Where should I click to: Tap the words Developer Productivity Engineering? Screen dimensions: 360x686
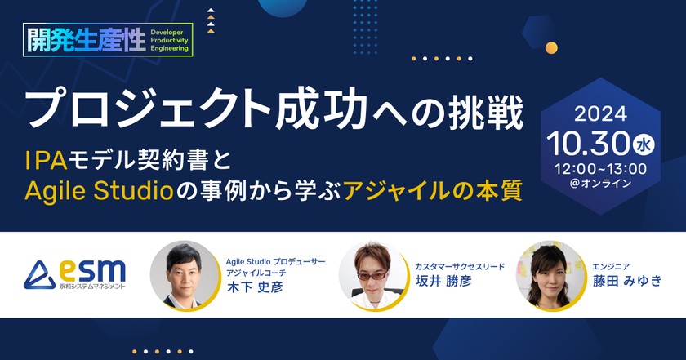pos(169,38)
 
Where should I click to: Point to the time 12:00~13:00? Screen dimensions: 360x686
pos(599,168)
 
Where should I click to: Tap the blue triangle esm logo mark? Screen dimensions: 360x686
pos(38,275)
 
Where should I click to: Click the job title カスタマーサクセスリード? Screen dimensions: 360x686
pos(460,265)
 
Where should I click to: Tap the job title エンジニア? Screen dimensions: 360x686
pos(612,265)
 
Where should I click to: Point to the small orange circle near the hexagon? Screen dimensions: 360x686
pos(551,47)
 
